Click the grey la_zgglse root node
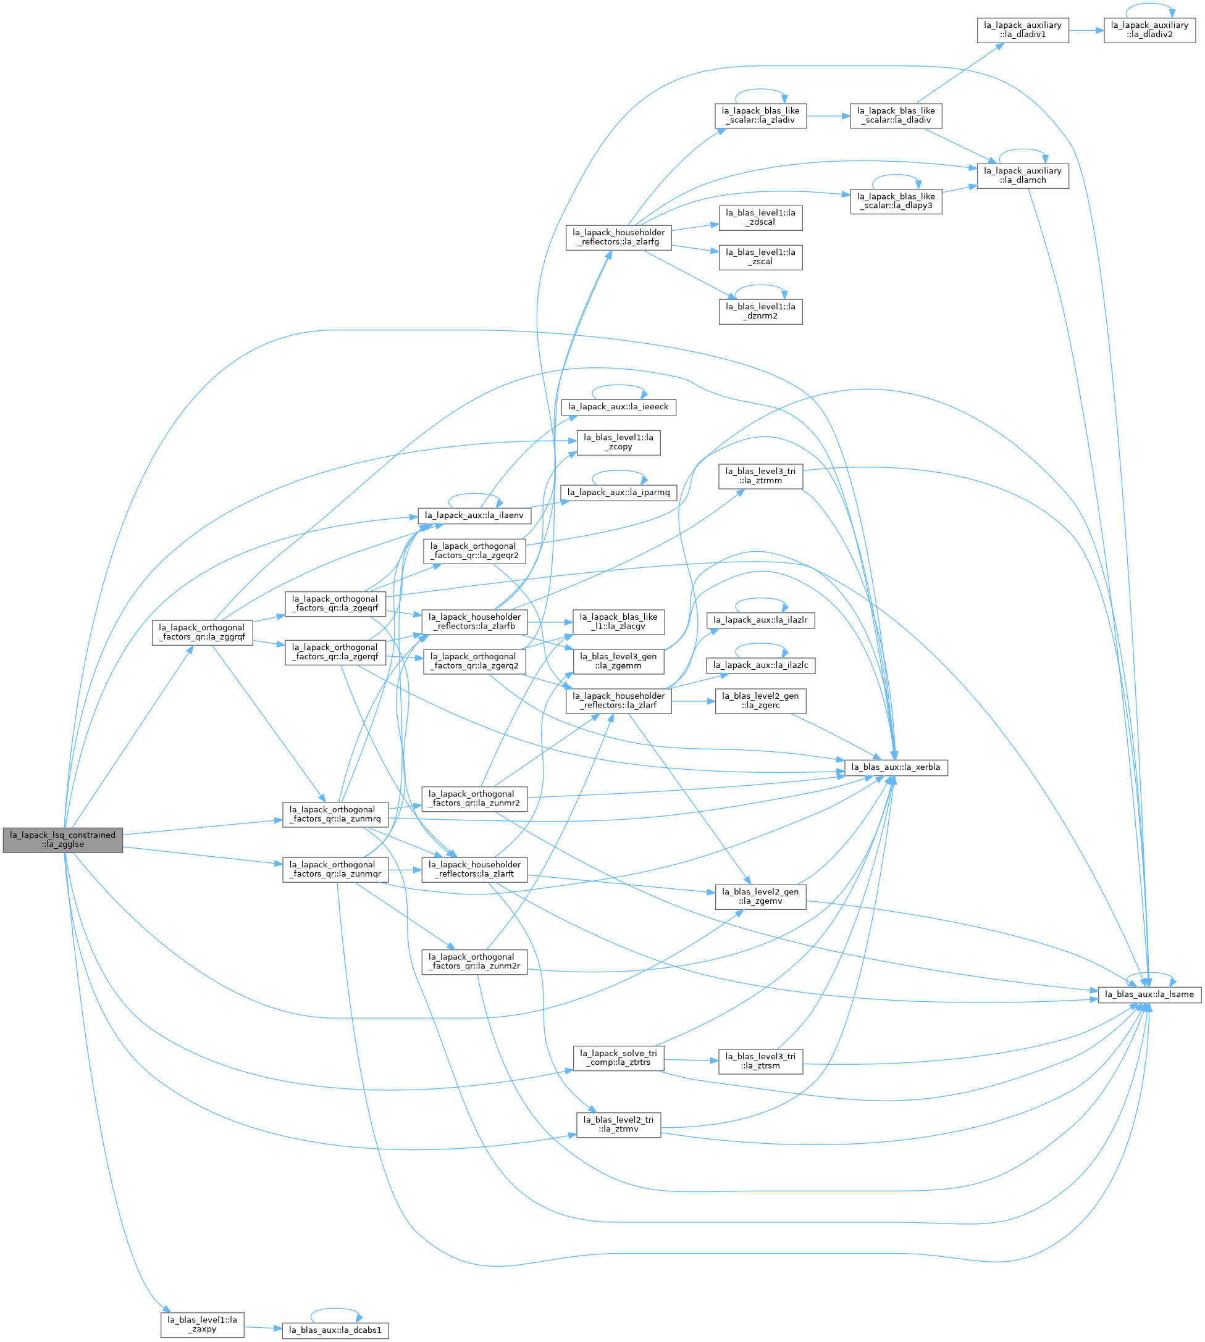63,840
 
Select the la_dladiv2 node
1149,30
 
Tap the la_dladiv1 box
1023,30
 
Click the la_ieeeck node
618,407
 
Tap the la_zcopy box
618,443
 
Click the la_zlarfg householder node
618,238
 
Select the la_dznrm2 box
761,312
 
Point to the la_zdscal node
761,218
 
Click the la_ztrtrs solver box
618,1058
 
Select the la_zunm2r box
474,962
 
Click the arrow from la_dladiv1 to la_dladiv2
1086,30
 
